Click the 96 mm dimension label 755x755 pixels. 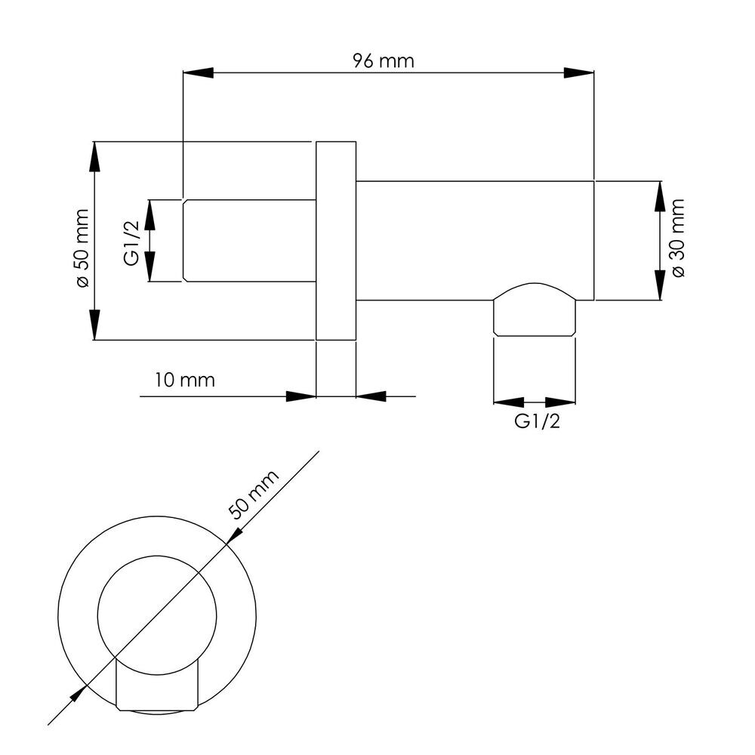tap(384, 61)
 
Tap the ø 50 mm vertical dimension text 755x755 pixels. tap(82, 248)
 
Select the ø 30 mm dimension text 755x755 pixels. tap(677, 238)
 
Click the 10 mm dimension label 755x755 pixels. tap(184, 380)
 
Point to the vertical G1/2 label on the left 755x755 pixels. tap(131, 243)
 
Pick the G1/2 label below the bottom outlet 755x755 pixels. tap(538, 421)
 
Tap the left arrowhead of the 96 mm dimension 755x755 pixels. tap(198, 72)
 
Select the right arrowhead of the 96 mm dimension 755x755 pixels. tap(579, 72)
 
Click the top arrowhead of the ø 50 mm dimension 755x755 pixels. tap(95, 156)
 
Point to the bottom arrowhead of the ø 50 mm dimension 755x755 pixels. tap(95, 325)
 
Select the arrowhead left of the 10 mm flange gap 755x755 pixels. tap(301, 396)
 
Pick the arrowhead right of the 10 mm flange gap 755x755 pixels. tap(371, 396)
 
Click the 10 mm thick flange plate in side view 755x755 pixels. tap(336, 241)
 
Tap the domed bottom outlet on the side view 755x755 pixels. tap(535, 309)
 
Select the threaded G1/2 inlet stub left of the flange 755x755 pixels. tap(249, 240)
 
